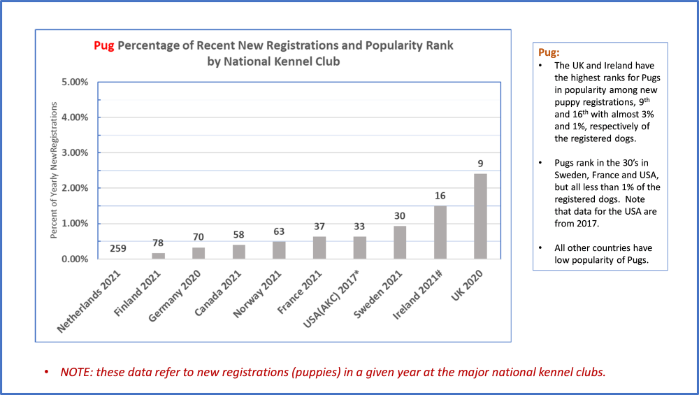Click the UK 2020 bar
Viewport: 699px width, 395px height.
[480, 216]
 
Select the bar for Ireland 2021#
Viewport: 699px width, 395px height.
[440, 232]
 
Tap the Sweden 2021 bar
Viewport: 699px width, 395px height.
[400, 242]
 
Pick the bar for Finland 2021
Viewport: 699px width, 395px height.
[159, 256]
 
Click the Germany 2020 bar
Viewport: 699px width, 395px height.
[199, 253]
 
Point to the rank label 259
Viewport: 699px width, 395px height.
[118, 247]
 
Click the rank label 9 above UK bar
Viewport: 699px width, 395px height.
[480, 164]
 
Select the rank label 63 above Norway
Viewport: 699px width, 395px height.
[279, 231]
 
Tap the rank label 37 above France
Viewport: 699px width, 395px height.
[319, 227]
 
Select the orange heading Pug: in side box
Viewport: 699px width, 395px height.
[549, 52]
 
